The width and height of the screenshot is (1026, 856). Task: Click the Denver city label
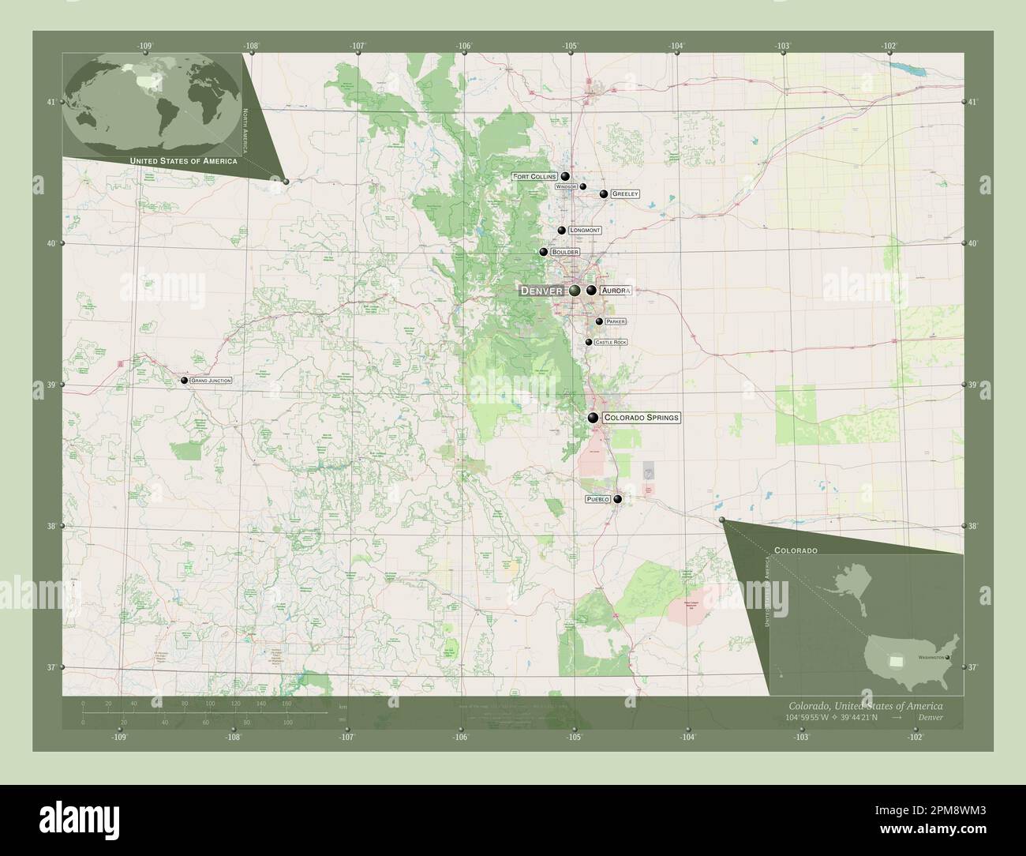click(541, 291)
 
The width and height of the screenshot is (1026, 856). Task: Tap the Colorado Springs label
click(640, 417)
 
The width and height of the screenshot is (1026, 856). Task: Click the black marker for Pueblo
click(618, 499)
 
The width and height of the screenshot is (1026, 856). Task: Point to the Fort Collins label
click(534, 177)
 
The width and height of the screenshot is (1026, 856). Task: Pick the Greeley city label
click(624, 193)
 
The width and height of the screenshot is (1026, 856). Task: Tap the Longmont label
click(585, 231)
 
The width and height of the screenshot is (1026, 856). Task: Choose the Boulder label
click(565, 252)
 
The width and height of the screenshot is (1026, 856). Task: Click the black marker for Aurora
click(591, 291)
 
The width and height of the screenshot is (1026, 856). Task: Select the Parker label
click(616, 322)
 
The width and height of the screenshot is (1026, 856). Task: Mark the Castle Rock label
click(611, 342)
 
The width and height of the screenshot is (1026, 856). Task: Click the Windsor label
click(567, 186)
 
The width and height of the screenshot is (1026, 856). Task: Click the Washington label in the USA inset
click(930, 657)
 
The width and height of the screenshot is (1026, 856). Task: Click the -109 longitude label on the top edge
click(144, 46)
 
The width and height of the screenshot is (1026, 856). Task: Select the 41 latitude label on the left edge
click(51, 102)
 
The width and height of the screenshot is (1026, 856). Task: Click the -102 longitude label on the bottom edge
click(916, 737)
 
